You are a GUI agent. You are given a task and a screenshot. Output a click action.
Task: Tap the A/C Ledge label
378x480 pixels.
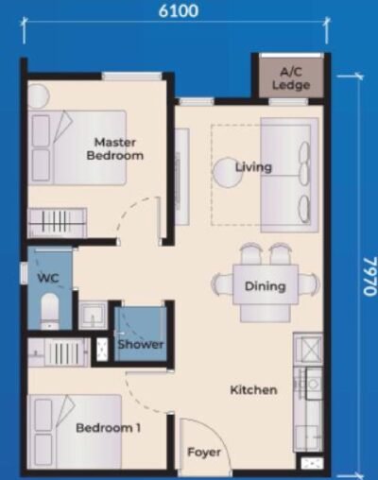(x=291, y=78)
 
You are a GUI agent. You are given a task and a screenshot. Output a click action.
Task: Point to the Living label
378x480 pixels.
(x=253, y=167)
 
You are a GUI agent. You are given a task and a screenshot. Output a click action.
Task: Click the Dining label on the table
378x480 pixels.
(x=265, y=286)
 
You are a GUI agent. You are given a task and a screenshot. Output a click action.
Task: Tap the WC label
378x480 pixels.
(x=43, y=280)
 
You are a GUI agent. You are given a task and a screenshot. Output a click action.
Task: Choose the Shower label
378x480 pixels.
(x=140, y=345)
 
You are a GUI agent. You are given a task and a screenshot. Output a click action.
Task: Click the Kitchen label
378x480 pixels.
(x=253, y=389)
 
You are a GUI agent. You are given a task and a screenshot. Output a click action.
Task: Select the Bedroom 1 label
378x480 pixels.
(x=108, y=428)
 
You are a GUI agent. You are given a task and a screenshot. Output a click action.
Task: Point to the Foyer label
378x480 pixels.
(x=203, y=453)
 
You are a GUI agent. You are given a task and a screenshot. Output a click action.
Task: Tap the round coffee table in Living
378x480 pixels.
(x=227, y=172)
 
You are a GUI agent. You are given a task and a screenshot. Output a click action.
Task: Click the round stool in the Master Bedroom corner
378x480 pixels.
(x=39, y=96)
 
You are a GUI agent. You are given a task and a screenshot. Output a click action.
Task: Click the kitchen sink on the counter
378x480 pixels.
(x=308, y=350)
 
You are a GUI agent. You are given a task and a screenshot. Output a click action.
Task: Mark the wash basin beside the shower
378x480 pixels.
(x=93, y=315)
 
